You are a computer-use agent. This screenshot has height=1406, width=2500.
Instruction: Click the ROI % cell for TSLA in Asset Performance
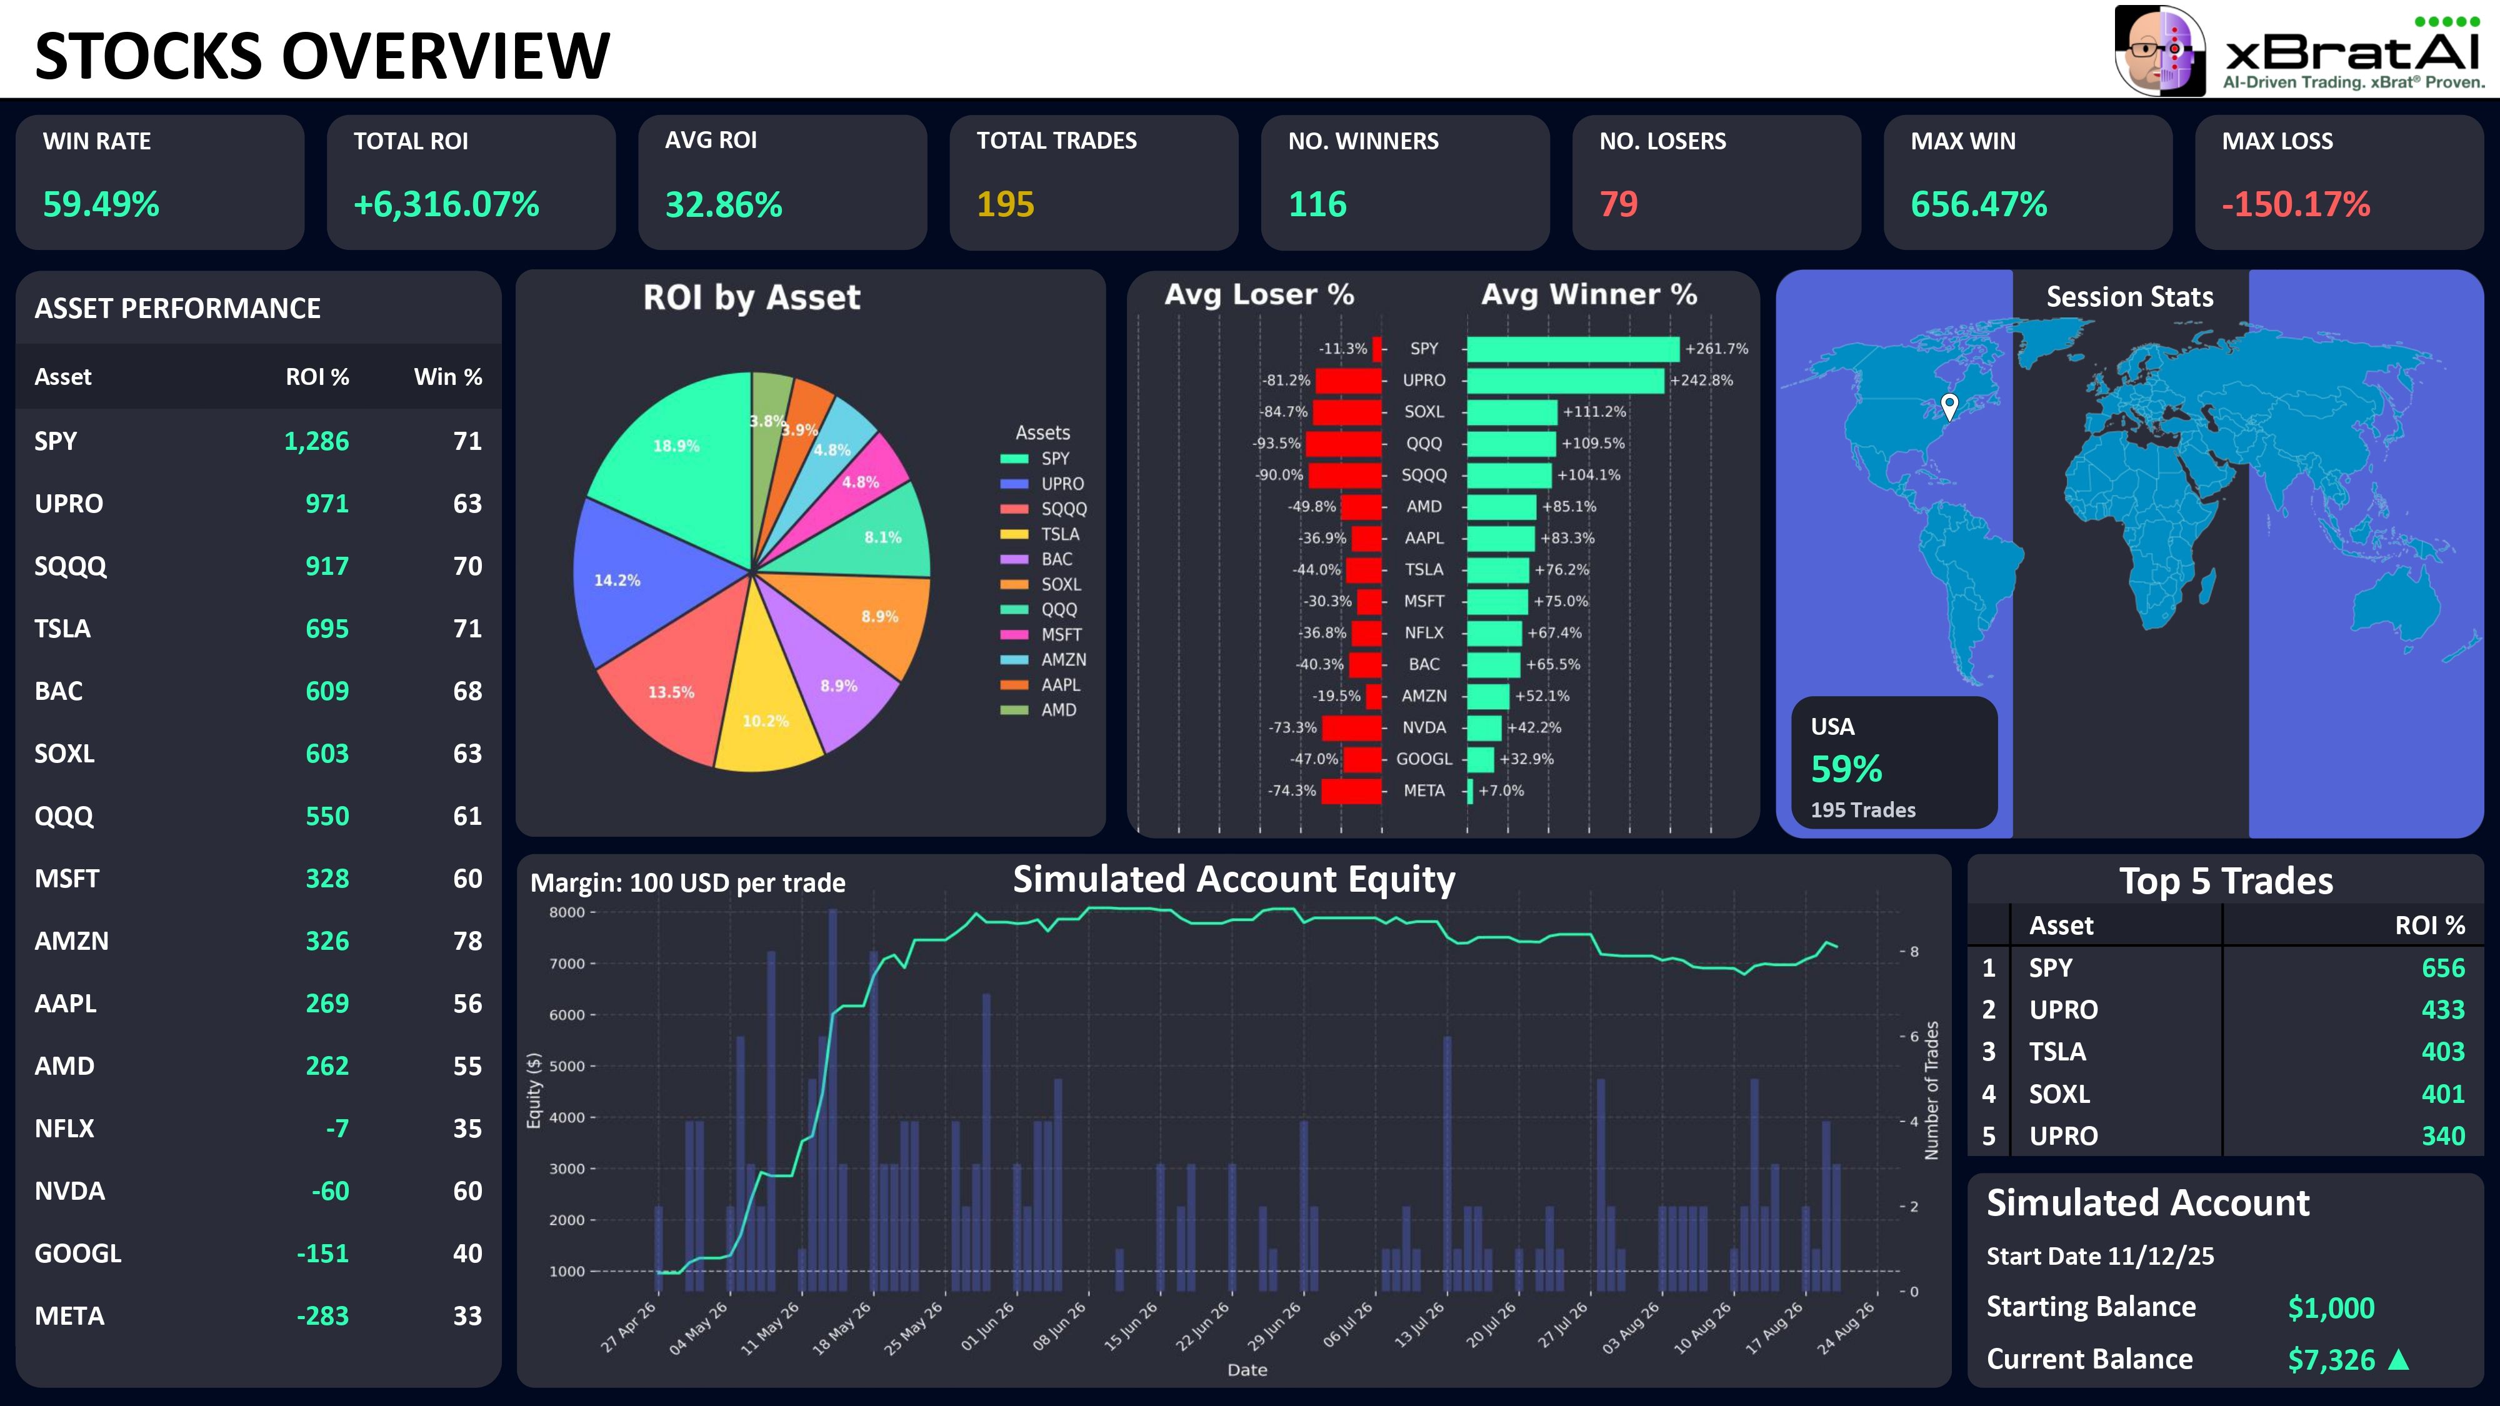click(327, 629)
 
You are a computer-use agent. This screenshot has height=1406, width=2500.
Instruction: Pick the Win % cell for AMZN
click(467, 941)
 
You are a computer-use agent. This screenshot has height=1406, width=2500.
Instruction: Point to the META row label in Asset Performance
click(70, 1316)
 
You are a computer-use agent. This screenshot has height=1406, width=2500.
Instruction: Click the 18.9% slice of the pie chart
click(669, 456)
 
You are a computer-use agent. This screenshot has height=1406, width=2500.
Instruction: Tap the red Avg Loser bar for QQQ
click(1343, 444)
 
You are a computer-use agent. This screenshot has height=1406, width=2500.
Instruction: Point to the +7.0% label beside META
click(1501, 791)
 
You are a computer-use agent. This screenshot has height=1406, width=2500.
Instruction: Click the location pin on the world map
click(1949, 406)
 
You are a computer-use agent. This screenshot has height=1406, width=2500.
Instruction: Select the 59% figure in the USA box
click(1846, 769)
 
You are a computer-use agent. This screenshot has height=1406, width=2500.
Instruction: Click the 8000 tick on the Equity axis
click(567, 912)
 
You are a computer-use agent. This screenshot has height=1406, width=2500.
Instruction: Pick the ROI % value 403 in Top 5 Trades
click(2442, 1052)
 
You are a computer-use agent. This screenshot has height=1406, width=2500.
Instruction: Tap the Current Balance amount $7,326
click(2331, 1359)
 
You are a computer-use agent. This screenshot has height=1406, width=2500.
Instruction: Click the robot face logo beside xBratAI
click(2161, 51)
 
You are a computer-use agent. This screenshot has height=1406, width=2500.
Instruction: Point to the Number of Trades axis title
click(1931, 1090)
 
